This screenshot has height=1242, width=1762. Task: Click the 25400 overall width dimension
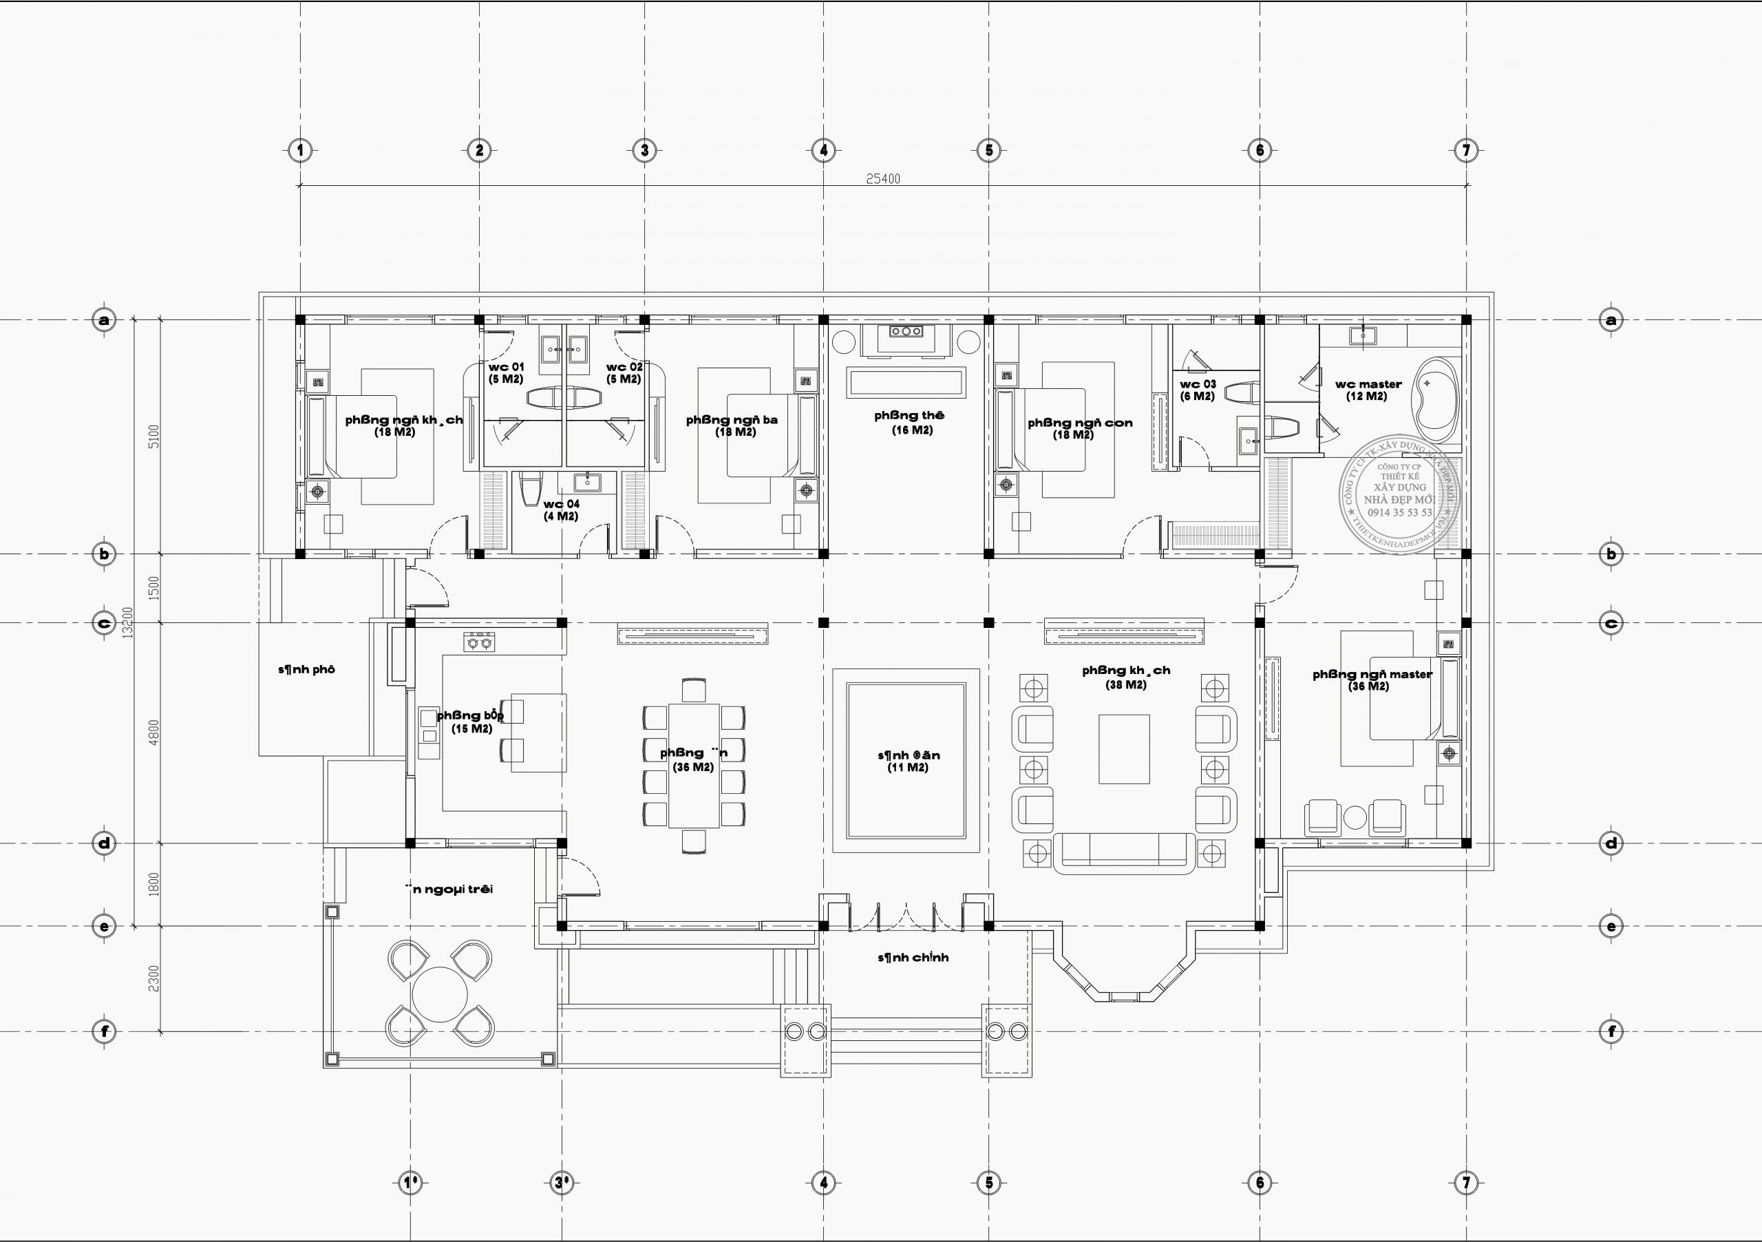[882, 179]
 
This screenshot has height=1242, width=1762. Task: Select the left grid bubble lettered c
[105, 622]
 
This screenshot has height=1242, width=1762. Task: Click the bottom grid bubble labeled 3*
[562, 1183]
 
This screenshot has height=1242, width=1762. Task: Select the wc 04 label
[561, 505]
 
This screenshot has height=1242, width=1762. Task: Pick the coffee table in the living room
[1123, 748]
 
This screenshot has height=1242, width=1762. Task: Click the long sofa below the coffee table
[1124, 853]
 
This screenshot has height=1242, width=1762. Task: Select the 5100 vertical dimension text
[153, 436]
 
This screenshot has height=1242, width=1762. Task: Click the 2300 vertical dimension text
[153, 979]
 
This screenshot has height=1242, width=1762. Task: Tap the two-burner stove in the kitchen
[480, 642]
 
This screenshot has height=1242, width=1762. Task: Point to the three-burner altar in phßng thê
[906, 332]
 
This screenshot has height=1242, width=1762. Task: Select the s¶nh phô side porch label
[306, 669]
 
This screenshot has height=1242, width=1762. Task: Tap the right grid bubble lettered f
[1611, 1031]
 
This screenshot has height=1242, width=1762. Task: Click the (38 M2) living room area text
[1125, 685]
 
